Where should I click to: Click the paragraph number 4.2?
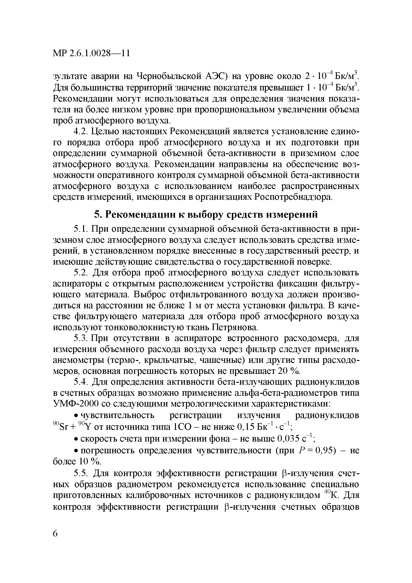[81, 132]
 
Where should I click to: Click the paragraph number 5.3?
[81, 338]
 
